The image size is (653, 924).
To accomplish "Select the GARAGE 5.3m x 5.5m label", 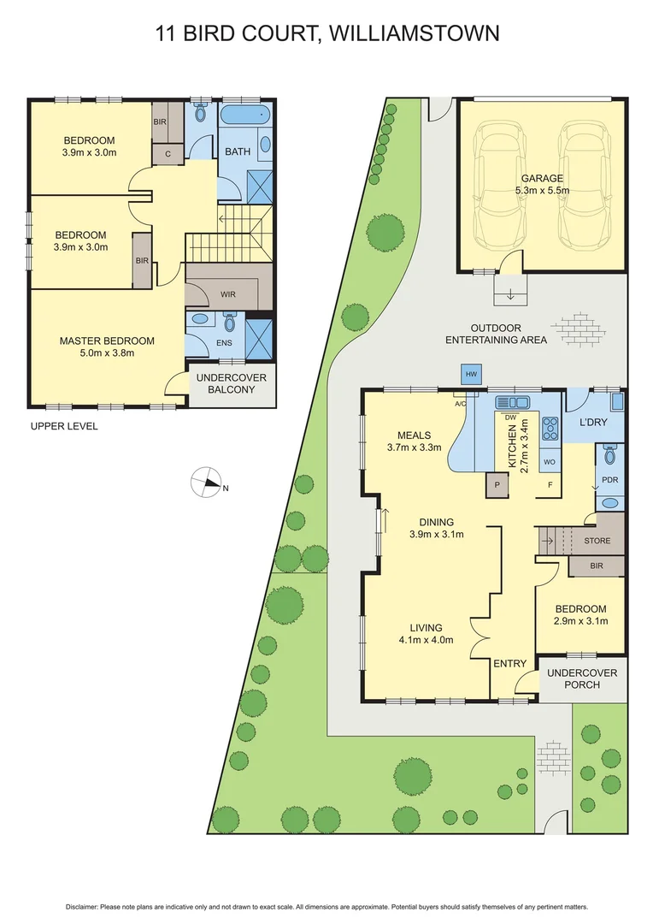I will pyautogui.click(x=542, y=185).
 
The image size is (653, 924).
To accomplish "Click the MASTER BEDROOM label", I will pyautogui.click(x=107, y=346).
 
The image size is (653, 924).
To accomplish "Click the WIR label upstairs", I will pyautogui.click(x=227, y=293).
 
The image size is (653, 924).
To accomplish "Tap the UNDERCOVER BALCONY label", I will pyautogui.click(x=232, y=383).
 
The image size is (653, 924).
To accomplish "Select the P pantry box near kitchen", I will pyautogui.click(x=497, y=485).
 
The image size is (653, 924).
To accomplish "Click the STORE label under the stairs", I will pyautogui.click(x=597, y=541).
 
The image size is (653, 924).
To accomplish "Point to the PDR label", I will pyautogui.click(x=609, y=480).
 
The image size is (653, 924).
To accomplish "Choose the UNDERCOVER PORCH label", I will pyautogui.click(x=581, y=678).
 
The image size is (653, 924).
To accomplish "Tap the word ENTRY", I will pyautogui.click(x=510, y=663).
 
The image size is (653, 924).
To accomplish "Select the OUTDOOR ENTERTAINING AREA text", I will pyautogui.click(x=496, y=334).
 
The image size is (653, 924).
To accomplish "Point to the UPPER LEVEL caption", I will pyautogui.click(x=64, y=426).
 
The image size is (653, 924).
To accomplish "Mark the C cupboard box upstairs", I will pyautogui.click(x=167, y=153).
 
